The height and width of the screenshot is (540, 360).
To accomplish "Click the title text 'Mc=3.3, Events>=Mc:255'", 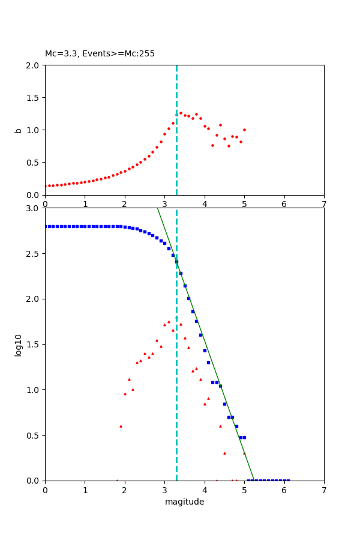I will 100,54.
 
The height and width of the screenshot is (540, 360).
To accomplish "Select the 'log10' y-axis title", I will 19,344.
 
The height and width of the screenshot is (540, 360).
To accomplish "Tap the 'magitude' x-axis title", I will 184,502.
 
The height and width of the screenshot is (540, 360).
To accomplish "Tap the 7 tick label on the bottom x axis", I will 324,490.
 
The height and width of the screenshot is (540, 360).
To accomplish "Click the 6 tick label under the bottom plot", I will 284,490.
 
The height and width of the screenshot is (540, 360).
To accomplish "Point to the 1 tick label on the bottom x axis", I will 85,490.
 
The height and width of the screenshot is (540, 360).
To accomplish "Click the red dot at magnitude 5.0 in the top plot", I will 244,130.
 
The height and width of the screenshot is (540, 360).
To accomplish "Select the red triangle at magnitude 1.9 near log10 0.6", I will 121,426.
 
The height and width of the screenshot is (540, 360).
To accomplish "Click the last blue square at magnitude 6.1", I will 288,480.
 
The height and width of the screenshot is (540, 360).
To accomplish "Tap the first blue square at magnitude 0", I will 46,226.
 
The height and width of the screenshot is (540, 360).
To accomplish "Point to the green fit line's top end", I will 157,208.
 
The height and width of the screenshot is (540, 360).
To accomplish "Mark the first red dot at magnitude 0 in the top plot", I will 46,186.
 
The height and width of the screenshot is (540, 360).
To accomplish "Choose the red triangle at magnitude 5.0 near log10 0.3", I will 244,453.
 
